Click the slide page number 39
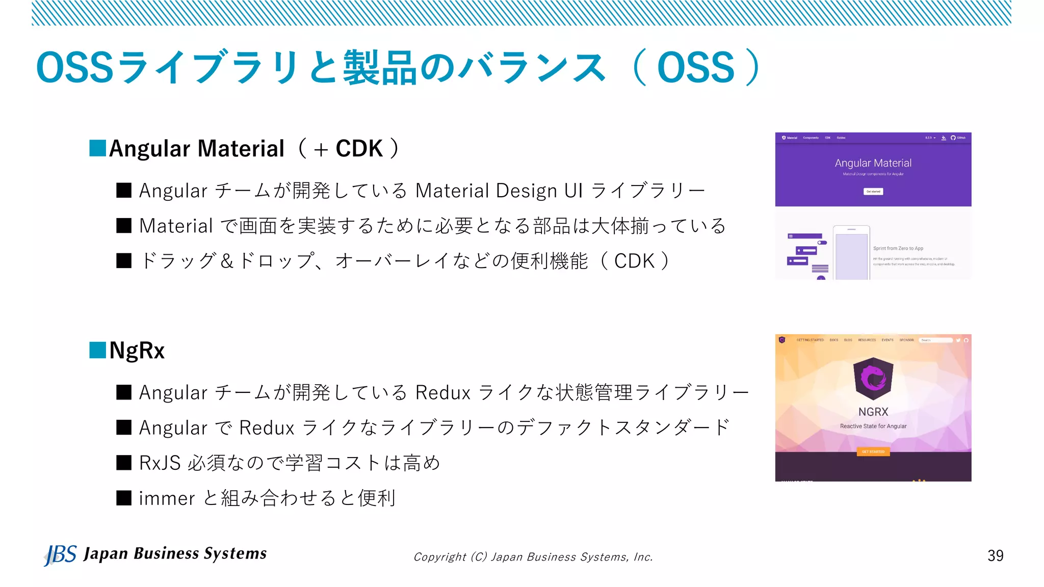[995, 555]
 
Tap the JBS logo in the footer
[60, 554]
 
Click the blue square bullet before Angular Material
[97, 148]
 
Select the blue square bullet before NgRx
[97, 350]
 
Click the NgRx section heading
[137, 351]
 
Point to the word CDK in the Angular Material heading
[359, 149]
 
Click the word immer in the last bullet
[167, 498]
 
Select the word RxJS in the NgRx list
[160, 463]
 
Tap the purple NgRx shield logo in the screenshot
[873, 378]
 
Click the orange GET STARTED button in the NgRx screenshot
[873, 451]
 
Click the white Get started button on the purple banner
[873, 192]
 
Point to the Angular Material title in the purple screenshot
[873, 163]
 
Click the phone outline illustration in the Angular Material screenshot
[851, 253]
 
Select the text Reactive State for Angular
[873, 426]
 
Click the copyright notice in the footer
[533, 557]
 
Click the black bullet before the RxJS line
[124, 463]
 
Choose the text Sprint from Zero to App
[898, 249]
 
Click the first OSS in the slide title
[74, 68]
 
